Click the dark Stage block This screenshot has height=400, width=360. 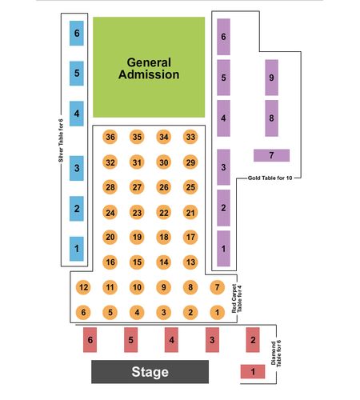coord(150,372)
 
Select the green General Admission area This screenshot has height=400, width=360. coord(149,67)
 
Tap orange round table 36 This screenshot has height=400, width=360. coord(110,137)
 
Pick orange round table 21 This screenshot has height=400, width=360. coord(190,213)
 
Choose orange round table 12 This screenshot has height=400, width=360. coord(83,287)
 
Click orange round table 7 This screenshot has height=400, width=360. coord(218,287)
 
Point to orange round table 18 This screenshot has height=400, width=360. coord(164,237)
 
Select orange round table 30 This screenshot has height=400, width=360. coord(164,162)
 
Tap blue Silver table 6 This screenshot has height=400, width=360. coord(77,34)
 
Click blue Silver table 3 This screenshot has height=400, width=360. coord(77,168)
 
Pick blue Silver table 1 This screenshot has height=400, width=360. coord(77,249)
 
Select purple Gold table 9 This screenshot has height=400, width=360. coord(271,78)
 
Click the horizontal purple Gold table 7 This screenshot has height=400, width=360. coord(271,155)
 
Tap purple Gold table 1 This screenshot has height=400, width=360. coord(223,249)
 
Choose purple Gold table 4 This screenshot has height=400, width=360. coord(223,118)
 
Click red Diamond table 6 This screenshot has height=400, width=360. coord(90,340)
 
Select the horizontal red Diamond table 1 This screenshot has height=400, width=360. coord(253,371)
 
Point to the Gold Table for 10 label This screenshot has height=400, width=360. coord(270,178)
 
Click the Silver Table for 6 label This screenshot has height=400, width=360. coord(61,141)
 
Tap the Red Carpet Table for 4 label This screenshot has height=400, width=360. coord(237,298)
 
